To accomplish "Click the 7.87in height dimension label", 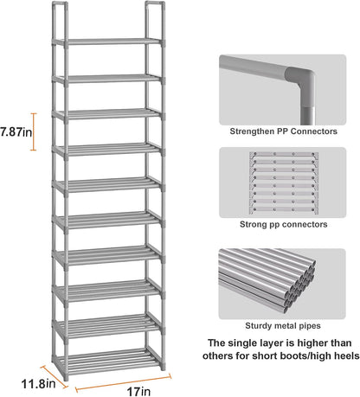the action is pyautogui.click(x=16, y=132).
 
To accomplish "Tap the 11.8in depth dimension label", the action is pyautogui.click(x=38, y=384).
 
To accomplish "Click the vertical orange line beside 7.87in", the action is pyautogui.click(x=34, y=131).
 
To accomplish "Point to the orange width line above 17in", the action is pyautogui.click(x=123, y=383).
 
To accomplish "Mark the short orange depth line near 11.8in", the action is pyautogui.click(x=54, y=376).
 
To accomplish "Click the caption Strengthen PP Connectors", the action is pyautogui.click(x=283, y=131).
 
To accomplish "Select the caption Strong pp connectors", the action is pyautogui.click(x=283, y=224).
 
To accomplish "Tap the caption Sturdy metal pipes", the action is pyautogui.click(x=283, y=326).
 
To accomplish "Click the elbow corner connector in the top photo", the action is pyautogui.click(x=300, y=80).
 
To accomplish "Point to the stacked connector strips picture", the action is pyautogui.click(x=284, y=182).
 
